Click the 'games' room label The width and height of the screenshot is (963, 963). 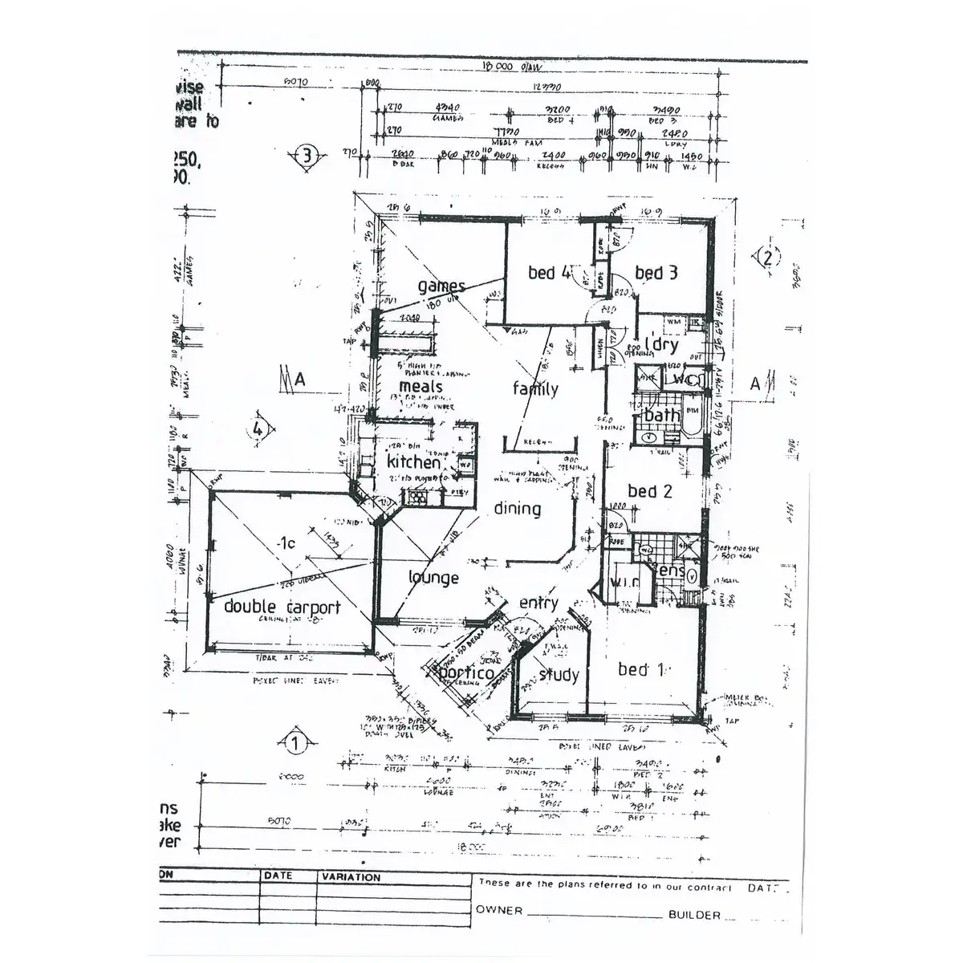click(x=441, y=286)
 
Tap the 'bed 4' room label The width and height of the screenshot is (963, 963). click(x=550, y=273)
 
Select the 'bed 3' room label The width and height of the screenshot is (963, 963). click(x=656, y=273)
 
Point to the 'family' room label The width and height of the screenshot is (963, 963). click(x=535, y=389)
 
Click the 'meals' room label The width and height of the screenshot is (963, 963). click(x=421, y=387)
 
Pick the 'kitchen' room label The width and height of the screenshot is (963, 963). click(x=413, y=462)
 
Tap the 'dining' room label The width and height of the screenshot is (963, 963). click(x=517, y=508)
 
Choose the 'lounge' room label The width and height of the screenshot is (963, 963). click(x=433, y=578)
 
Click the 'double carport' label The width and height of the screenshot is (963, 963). click(x=282, y=607)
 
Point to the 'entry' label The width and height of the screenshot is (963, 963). click(x=538, y=603)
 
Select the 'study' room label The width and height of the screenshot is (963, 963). click(x=559, y=675)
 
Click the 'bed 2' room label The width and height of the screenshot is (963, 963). click(x=649, y=491)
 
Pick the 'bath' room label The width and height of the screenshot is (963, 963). click(x=662, y=415)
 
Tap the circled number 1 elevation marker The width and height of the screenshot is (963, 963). click(x=295, y=744)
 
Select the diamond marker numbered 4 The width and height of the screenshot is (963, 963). click(x=258, y=429)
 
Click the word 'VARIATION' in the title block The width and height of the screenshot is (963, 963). click(x=351, y=877)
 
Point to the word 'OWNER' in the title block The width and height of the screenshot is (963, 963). click(x=498, y=910)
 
